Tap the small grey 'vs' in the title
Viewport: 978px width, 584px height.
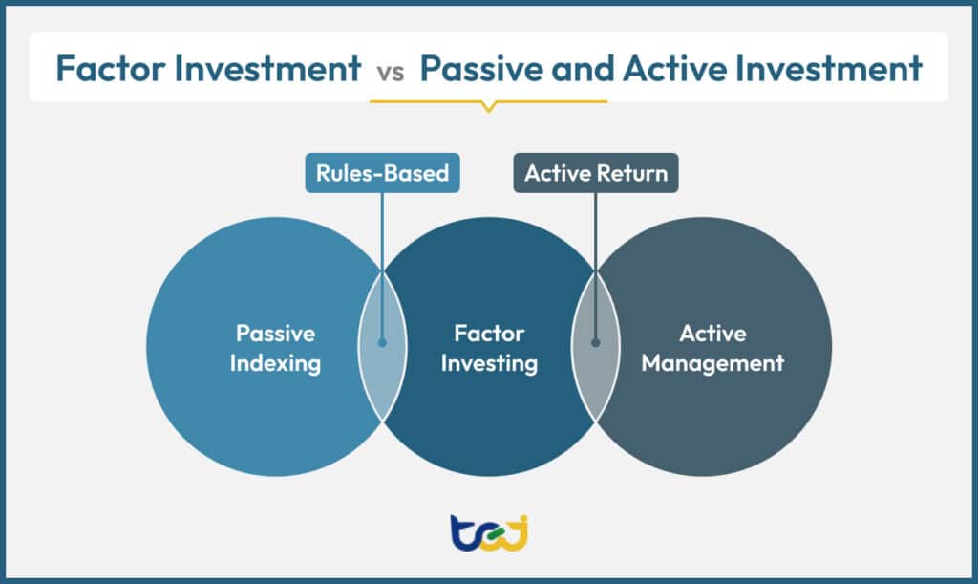pos(392,71)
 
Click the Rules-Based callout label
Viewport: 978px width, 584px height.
pos(382,174)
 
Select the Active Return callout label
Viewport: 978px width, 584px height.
pos(596,174)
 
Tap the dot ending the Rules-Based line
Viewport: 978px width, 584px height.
pos(382,341)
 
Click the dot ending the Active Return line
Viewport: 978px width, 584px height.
pos(595,341)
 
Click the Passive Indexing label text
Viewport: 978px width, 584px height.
pos(275,349)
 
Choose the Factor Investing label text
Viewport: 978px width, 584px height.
pos(489,349)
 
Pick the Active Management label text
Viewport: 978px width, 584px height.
pos(712,349)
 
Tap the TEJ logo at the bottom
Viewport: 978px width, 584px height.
pos(488,531)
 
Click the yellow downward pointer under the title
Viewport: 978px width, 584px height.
pos(488,106)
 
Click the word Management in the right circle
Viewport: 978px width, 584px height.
pos(712,363)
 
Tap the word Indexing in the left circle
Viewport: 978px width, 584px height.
pos(275,363)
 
